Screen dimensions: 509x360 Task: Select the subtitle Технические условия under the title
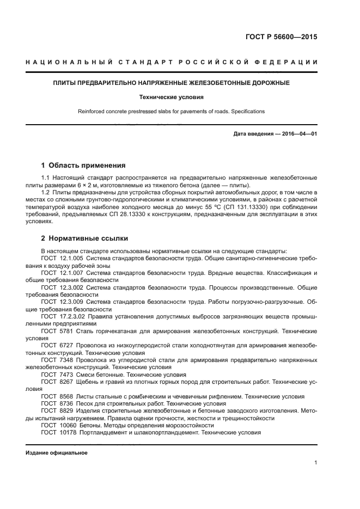tap(171, 97)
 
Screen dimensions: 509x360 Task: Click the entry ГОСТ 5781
tap(56, 330)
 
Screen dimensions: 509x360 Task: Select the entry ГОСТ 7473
tap(56, 375)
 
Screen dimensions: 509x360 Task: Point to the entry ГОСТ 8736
tap(56, 403)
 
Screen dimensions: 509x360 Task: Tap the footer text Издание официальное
tap(56, 452)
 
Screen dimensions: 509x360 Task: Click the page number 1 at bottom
tap(315, 463)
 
